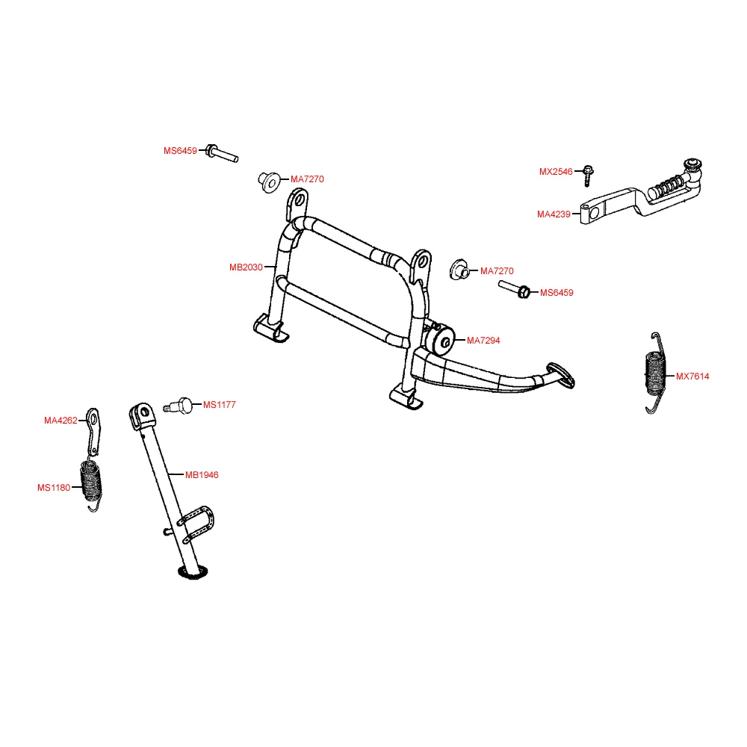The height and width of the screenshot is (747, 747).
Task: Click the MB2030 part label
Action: pyautogui.click(x=246, y=267)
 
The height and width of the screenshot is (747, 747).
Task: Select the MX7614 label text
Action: pyautogui.click(x=692, y=376)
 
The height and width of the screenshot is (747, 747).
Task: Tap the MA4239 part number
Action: pyautogui.click(x=554, y=214)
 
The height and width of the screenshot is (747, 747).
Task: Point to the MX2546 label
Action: pyautogui.click(x=556, y=172)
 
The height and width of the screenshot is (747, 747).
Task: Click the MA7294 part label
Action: pyautogui.click(x=483, y=341)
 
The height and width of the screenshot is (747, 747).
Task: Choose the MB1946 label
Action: pyautogui.click(x=202, y=474)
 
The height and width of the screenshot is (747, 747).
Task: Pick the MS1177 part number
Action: pyautogui.click(x=220, y=405)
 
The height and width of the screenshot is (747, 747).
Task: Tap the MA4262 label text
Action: pyautogui.click(x=61, y=421)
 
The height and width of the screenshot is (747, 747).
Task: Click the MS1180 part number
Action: pyautogui.click(x=54, y=488)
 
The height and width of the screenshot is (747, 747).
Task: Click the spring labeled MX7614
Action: pyautogui.click(x=654, y=371)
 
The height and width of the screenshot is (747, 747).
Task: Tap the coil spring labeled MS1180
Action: pyautogui.click(x=93, y=482)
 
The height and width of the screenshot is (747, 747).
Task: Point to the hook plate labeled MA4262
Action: pyautogui.click(x=93, y=430)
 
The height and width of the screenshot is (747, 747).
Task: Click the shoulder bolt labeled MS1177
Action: pyautogui.click(x=179, y=406)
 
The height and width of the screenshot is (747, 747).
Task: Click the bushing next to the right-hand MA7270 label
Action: pyautogui.click(x=459, y=269)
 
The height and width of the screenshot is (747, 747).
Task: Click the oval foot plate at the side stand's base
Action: pyautogui.click(x=192, y=572)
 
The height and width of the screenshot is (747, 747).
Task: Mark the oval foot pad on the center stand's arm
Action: pyautogui.click(x=561, y=374)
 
